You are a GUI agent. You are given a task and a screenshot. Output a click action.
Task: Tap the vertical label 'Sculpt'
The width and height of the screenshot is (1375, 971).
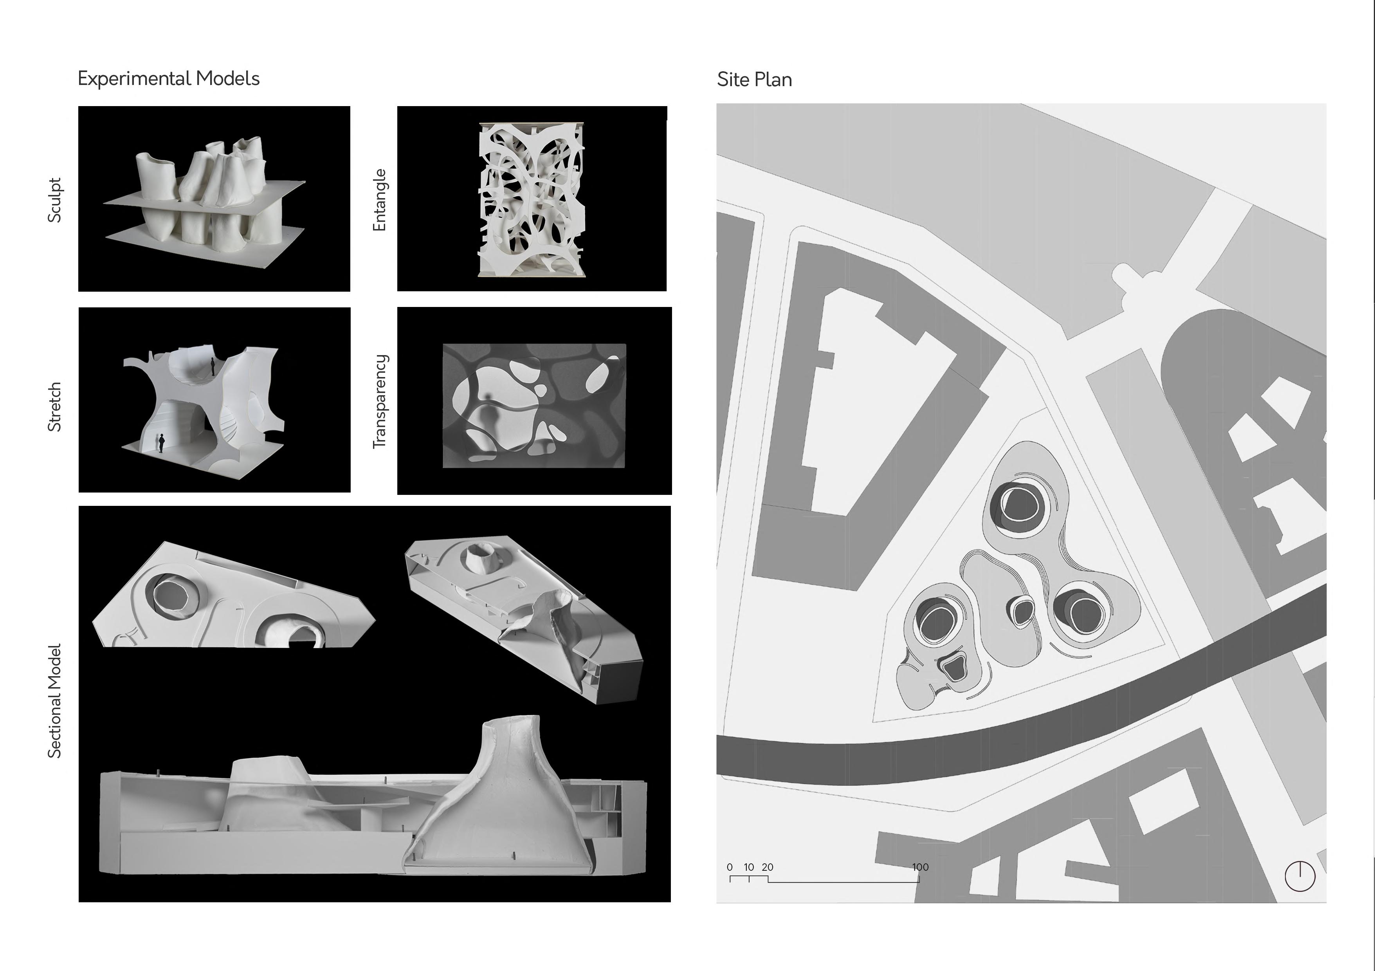click(54, 200)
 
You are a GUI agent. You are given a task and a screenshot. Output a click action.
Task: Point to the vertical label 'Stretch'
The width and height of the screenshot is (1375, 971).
click(54, 407)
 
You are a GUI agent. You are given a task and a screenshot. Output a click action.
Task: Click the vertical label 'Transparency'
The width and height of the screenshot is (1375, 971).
click(380, 401)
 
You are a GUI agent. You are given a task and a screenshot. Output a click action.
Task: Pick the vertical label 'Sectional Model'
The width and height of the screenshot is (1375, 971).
click(54, 701)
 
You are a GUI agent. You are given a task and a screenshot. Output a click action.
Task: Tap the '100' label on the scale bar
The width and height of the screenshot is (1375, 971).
click(921, 867)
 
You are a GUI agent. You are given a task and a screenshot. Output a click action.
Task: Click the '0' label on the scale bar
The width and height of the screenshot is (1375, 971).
click(730, 867)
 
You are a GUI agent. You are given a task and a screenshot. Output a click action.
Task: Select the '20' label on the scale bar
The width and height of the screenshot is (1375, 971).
click(768, 867)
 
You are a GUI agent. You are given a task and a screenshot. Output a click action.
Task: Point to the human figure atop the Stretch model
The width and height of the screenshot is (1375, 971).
click(213, 366)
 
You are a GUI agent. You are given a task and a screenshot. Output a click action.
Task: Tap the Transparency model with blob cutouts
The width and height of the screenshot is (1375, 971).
click(534, 406)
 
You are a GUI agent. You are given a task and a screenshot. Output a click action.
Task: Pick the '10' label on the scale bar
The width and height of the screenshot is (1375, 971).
click(749, 867)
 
